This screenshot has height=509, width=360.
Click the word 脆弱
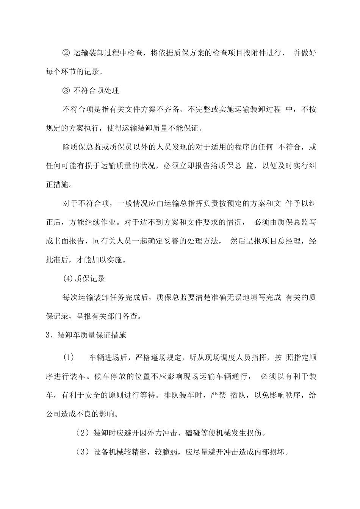pyautogui.click(x=172, y=451)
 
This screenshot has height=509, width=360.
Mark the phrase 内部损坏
pyautogui.click(x=272, y=451)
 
